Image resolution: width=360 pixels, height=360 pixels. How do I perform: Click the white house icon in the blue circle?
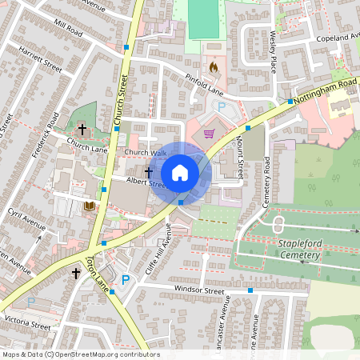point(180,172)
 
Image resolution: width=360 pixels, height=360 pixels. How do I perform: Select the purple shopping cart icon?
point(210,134)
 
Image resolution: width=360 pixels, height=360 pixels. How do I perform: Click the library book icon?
point(89,207)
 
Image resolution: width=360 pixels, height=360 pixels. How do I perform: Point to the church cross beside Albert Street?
point(149,171)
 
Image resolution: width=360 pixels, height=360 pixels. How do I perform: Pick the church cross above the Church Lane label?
point(82,128)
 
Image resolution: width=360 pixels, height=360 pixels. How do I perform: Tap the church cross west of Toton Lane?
point(76,274)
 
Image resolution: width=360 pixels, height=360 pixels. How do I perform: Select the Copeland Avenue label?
point(338,38)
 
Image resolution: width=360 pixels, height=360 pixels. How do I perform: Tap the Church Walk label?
point(145,153)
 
